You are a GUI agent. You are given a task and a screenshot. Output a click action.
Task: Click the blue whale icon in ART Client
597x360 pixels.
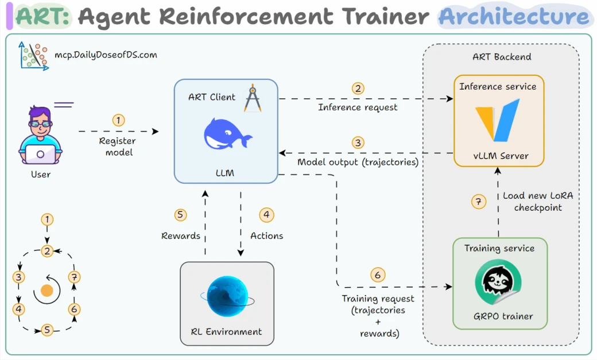point(227,134)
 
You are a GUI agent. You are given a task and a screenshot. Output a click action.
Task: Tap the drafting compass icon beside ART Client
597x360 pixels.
point(253,98)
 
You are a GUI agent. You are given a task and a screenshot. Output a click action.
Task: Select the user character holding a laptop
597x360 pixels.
point(40,136)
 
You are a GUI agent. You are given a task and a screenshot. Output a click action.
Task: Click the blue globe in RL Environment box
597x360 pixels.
point(228,297)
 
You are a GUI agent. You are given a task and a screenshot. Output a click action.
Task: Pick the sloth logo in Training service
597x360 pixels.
point(498,282)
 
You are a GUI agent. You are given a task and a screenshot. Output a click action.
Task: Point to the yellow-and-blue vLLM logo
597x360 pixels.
point(498,120)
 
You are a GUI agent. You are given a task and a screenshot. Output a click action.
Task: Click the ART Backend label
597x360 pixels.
point(502,57)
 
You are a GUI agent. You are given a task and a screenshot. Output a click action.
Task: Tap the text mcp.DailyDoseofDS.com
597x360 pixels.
point(106,55)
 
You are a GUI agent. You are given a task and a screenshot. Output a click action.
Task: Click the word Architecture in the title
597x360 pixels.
point(514,17)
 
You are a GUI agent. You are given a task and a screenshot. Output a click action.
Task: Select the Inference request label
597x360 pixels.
point(358,107)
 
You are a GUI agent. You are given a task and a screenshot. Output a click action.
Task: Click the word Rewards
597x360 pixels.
point(181,236)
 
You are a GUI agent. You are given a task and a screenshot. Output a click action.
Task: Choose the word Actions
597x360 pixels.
point(266,236)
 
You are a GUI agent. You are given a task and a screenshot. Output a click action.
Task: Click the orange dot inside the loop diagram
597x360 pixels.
point(47,291)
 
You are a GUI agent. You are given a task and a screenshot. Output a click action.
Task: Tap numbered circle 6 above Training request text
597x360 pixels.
point(378,274)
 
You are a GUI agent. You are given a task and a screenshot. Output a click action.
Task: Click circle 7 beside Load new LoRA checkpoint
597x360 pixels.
point(479,201)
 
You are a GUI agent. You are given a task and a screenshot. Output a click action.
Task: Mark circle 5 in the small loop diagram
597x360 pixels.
point(47,330)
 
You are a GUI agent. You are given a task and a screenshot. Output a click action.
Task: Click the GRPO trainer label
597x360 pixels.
point(503,316)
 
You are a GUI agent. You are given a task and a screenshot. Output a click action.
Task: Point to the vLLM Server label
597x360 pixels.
point(501,156)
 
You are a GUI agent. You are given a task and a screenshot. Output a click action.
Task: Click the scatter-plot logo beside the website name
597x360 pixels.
point(34,56)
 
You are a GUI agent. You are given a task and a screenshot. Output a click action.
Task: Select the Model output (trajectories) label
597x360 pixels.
point(358,162)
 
